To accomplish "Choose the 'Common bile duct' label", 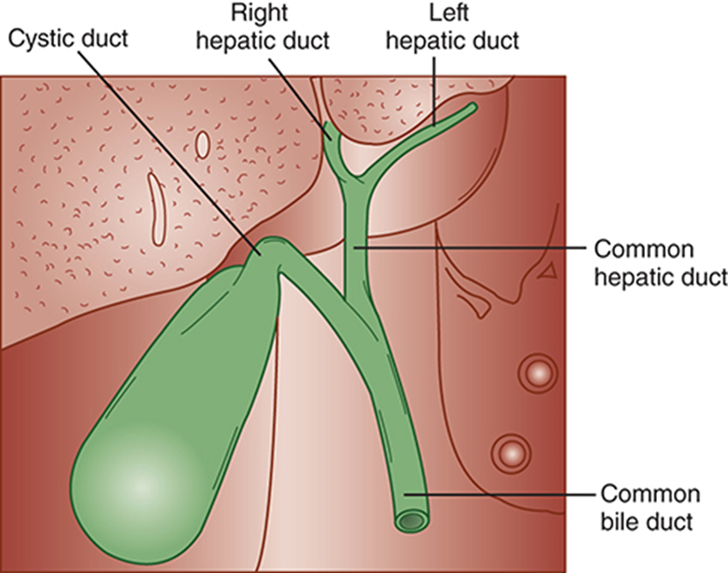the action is (650, 506).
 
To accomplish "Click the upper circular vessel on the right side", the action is (538, 373).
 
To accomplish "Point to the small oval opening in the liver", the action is (202, 144).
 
